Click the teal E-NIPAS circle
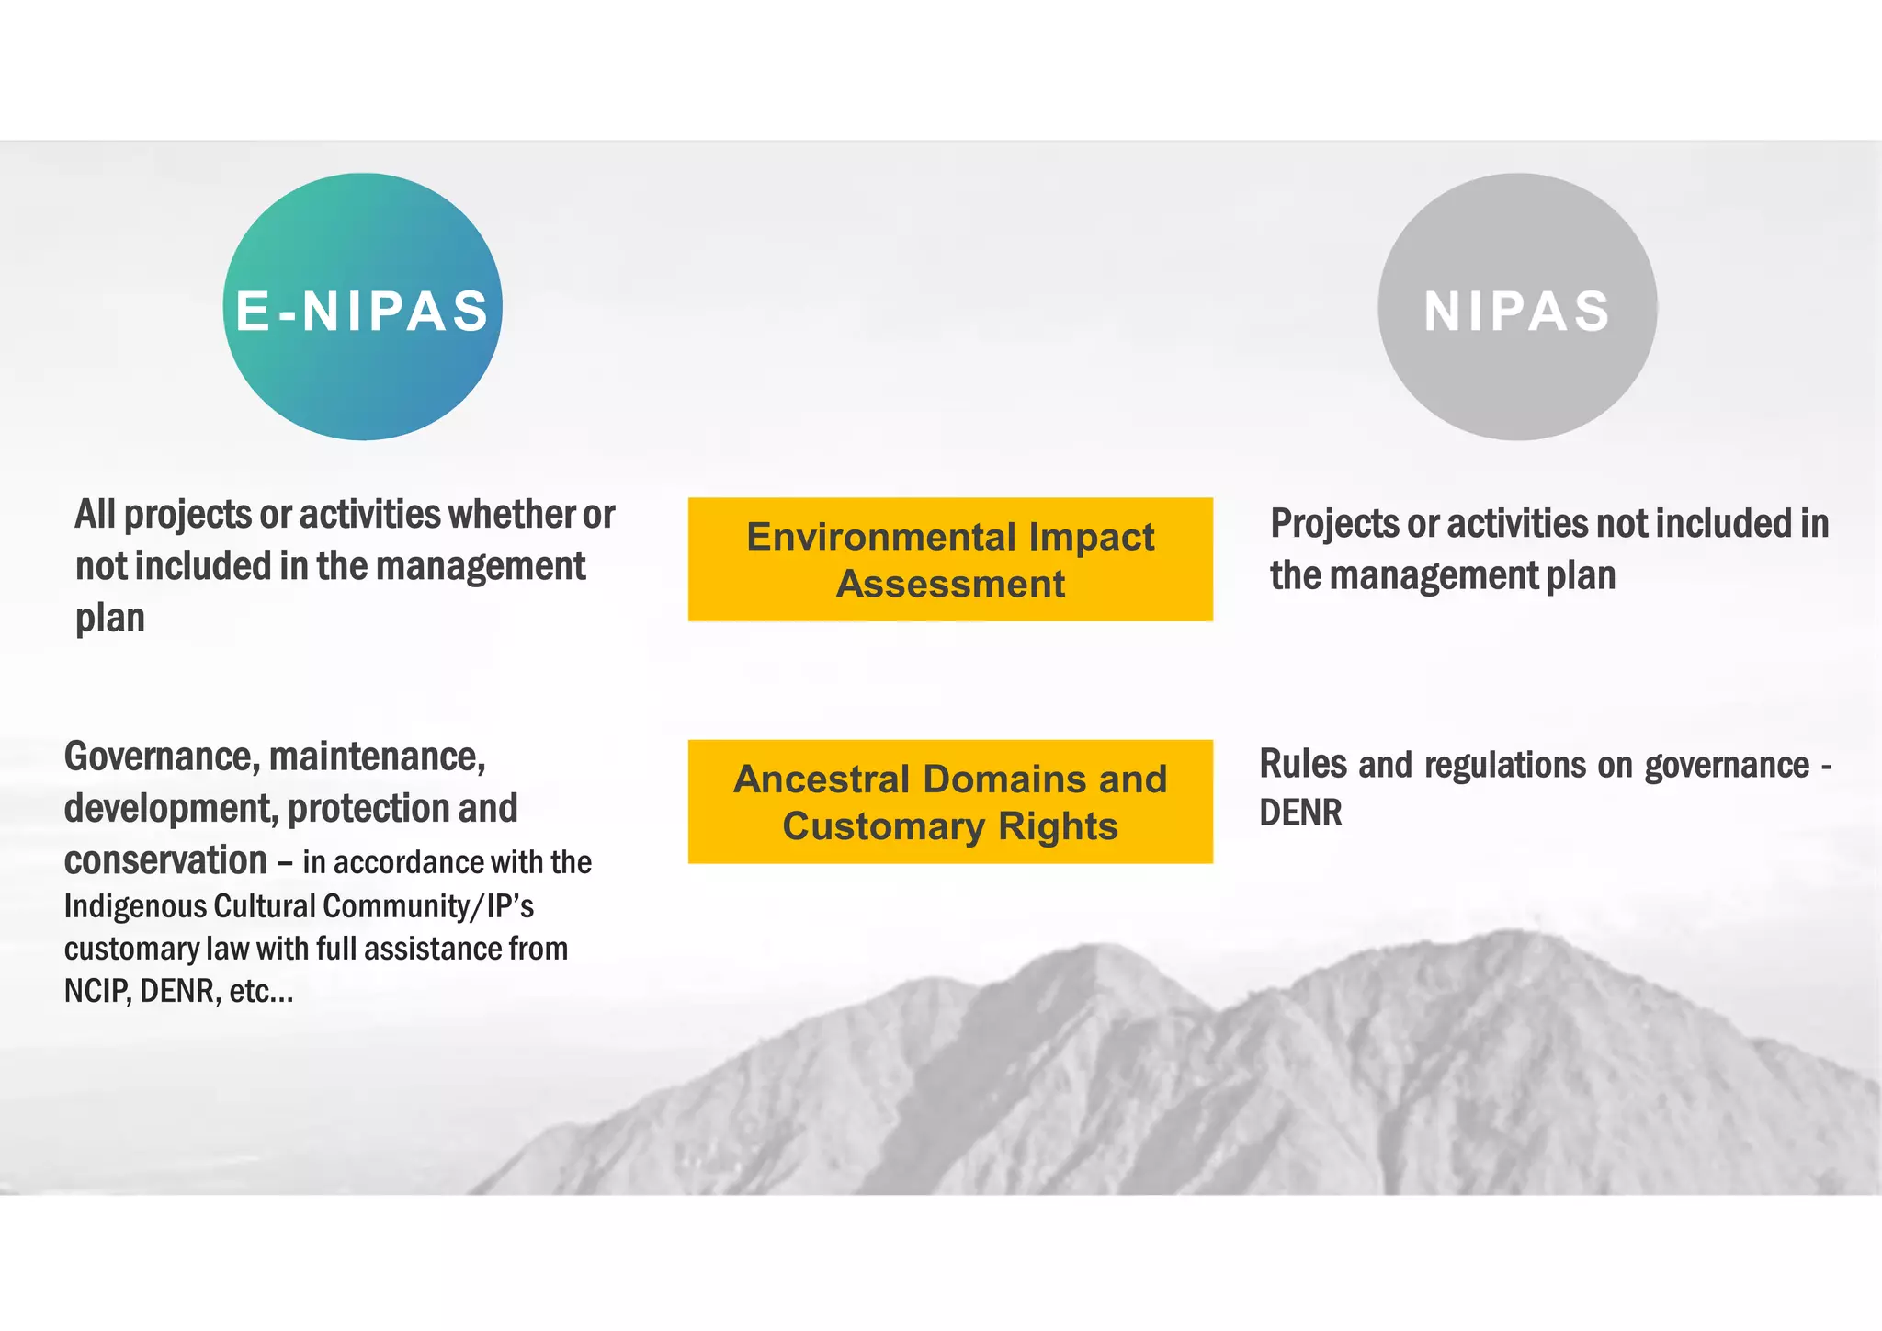pos(362,307)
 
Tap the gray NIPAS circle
pos(1516,307)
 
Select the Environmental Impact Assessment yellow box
pos(950,559)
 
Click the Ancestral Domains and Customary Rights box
pos(950,801)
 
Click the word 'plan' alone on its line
pos(110,619)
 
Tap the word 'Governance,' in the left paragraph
pos(161,757)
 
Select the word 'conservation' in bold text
pos(165,860)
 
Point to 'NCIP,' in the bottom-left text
pos(97,991)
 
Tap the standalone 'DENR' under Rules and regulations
pos(1300,813)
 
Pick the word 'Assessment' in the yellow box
pos(950,585)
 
